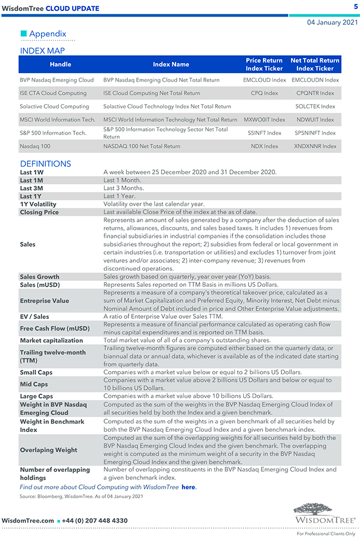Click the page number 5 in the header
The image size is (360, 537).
click(356, 7)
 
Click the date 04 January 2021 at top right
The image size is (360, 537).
click(332, 23)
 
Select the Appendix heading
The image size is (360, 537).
click(48, 34)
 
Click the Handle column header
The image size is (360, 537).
click(60, 64)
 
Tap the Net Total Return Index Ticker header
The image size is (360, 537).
click(315, 64)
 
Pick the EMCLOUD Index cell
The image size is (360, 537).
click(265, 80)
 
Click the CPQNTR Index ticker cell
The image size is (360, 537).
click(315, 94)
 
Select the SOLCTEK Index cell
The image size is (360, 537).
click(315, 106)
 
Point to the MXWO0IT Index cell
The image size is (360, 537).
click(265, 120)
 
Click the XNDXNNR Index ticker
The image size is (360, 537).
click(315, 146)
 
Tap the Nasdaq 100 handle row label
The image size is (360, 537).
click(37, 146)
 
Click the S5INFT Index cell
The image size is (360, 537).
click(265, 133)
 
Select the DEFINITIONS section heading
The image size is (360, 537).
click(45, 164)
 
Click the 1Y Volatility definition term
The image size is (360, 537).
click(38, 204)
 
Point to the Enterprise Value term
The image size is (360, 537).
click(44, 301)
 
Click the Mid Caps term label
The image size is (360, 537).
click(34, 384)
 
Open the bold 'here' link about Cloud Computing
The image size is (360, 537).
click(188, 487)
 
